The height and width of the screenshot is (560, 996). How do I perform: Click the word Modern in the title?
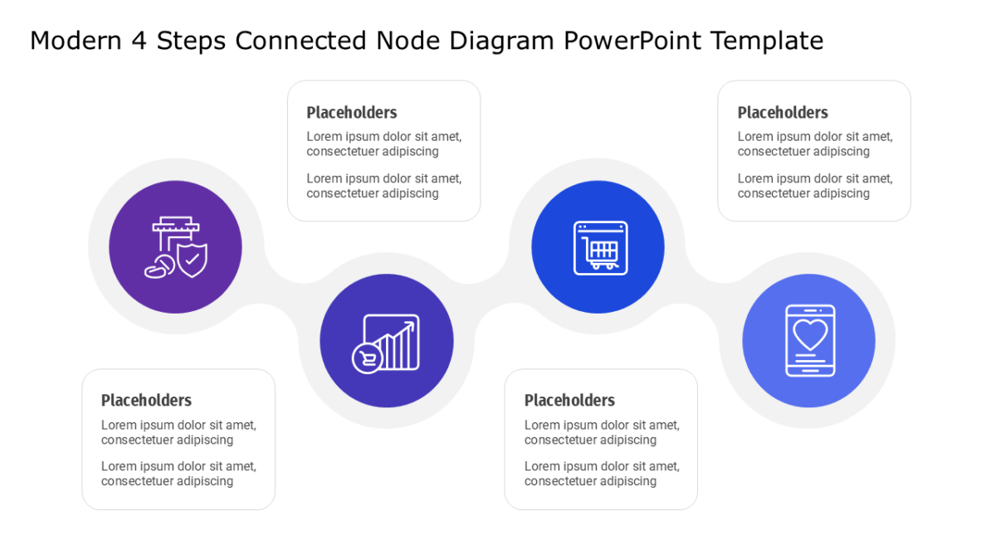pyautogui.click(x=76, y=41)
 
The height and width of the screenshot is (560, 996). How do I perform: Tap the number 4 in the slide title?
pyautogui.click(x=139, y=41)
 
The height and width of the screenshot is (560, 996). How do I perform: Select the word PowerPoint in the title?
pyautogui.click(x=632, y=41)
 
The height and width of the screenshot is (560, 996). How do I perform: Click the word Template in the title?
pyautogui.click(x=767, y=41)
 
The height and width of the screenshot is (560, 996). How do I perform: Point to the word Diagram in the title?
pyautogui.click(x=501, y=41)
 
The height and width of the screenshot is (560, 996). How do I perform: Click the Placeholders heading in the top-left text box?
pyautogui.click(x=352, y=113)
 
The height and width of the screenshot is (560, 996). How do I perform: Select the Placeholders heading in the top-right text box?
pyautogui.click(x=783, y=113)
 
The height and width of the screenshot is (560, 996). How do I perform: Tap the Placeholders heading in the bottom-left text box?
pyautogui.click(x=146, y=400)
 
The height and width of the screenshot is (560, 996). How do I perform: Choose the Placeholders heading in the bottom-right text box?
pyautogui.click(x=569, y=400)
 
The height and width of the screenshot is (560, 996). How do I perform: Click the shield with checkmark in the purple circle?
pyautogui.click(x=192, y=260)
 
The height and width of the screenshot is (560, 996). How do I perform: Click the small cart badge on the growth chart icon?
pyautogui.click(x=367, y=358)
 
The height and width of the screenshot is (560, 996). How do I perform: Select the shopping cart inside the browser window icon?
pyautogui.click(x=600, y=253)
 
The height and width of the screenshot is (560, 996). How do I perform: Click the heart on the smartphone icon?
pyautogui.click(x=811, y=334)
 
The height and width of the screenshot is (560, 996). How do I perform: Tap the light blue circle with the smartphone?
pyautogui.click(x=808, y=340)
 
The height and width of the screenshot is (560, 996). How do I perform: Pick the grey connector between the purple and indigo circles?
pyautogui.click(x=281, y=294)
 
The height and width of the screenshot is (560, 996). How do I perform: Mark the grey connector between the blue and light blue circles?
pyautogui.click(x=702, y=294)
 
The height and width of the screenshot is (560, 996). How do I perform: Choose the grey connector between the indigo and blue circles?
pyautogui.click(x=491, y=294)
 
